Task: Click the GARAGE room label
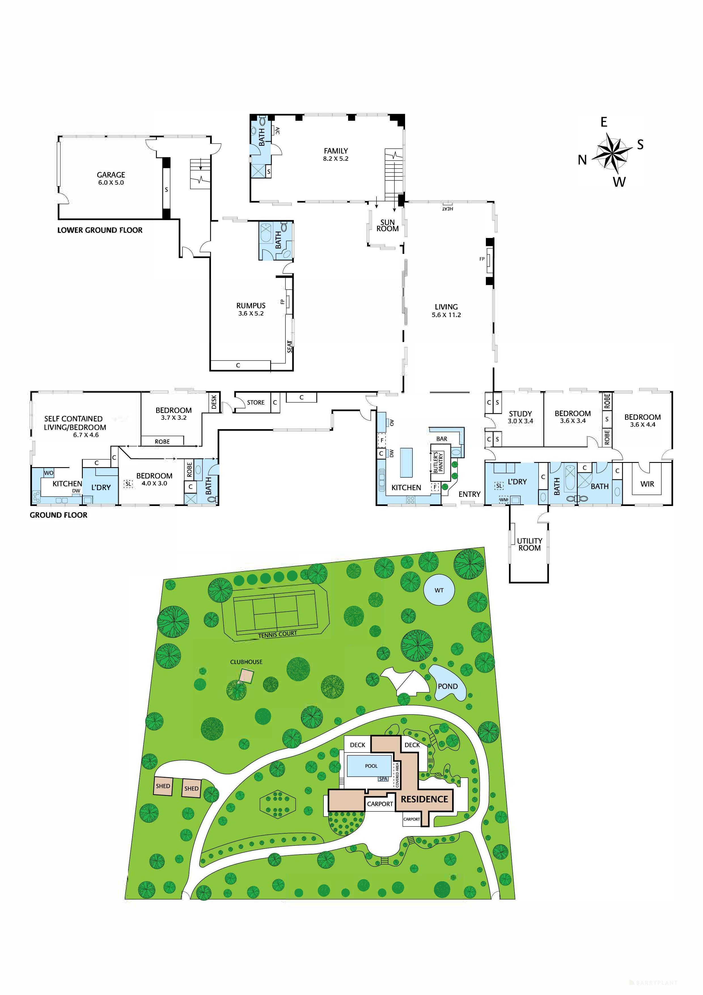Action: [111, 175]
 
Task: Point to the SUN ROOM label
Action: [387, 225]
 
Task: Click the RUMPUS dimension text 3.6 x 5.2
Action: [251, 313]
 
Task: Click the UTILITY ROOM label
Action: [529, 544]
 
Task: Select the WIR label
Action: [647, 484]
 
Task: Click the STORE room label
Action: [256, 402]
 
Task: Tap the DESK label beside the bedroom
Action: [214, 402]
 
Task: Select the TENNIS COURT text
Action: [277, 634]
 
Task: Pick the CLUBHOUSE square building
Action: [246, 676]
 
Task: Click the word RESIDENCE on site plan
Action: [424, 799]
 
